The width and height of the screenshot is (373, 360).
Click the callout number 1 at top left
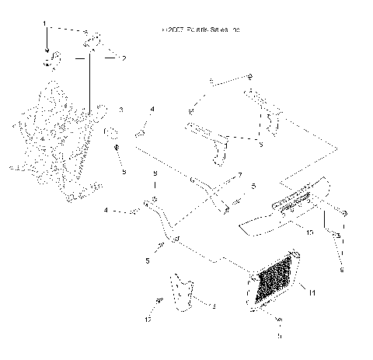coord(44,23)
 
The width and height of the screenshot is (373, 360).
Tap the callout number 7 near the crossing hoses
coord(240,175)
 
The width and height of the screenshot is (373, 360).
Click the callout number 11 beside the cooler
coord(312,293)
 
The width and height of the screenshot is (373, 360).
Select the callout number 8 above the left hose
coord(155,173)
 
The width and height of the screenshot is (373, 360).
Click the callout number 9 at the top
coord(249,75)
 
